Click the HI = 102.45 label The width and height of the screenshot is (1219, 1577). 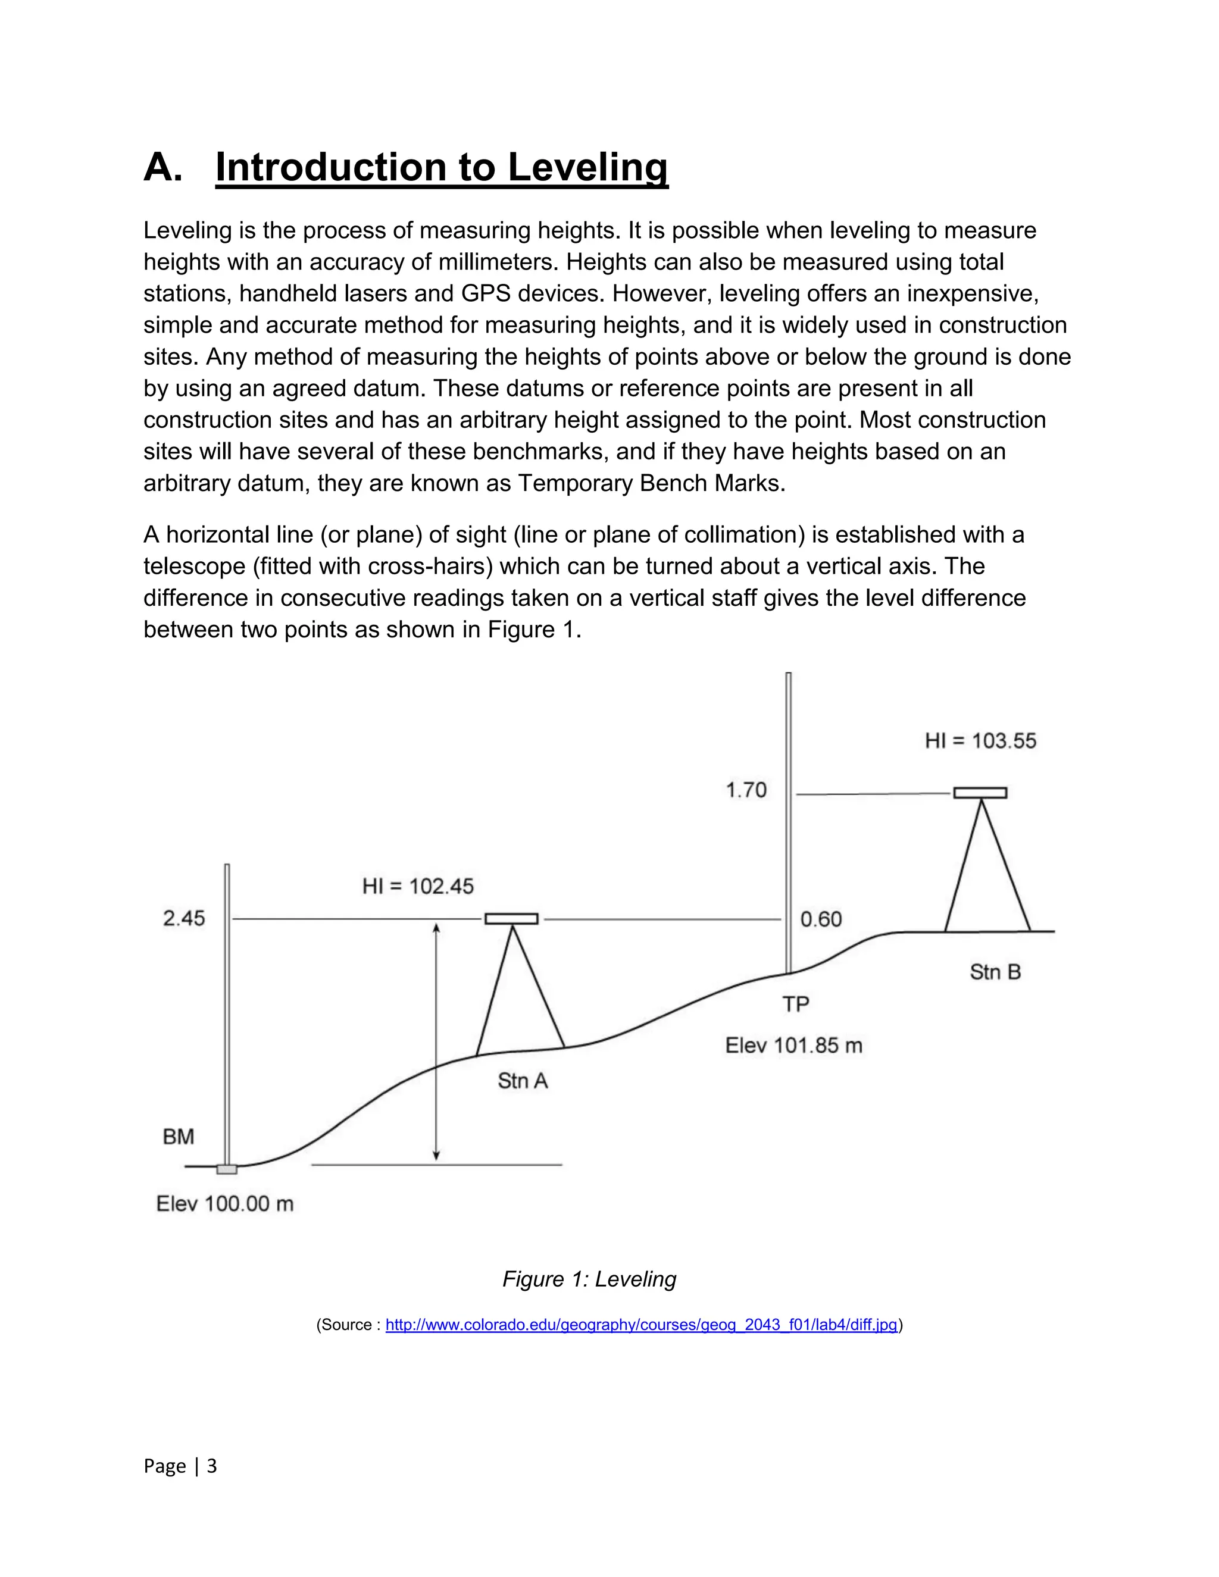417,886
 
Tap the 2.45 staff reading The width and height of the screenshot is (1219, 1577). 183,918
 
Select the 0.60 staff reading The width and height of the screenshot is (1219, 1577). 821,919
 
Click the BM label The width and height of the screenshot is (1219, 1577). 179,1137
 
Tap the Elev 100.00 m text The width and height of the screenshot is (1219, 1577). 224,1204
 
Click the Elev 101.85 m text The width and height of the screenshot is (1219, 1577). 793,1046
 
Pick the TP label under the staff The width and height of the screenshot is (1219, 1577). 796,1004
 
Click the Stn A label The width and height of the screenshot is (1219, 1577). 522,1081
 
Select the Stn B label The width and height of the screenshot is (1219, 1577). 995,972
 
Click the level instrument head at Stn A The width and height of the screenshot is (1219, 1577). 511,918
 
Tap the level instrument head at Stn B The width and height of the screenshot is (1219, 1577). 980,793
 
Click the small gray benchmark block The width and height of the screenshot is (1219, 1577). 227,1169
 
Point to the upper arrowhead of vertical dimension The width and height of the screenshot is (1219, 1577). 436,928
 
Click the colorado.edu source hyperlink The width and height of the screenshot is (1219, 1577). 640,1325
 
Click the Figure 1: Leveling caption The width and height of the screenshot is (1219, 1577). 589,1279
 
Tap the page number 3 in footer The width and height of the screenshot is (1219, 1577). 211,1466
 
